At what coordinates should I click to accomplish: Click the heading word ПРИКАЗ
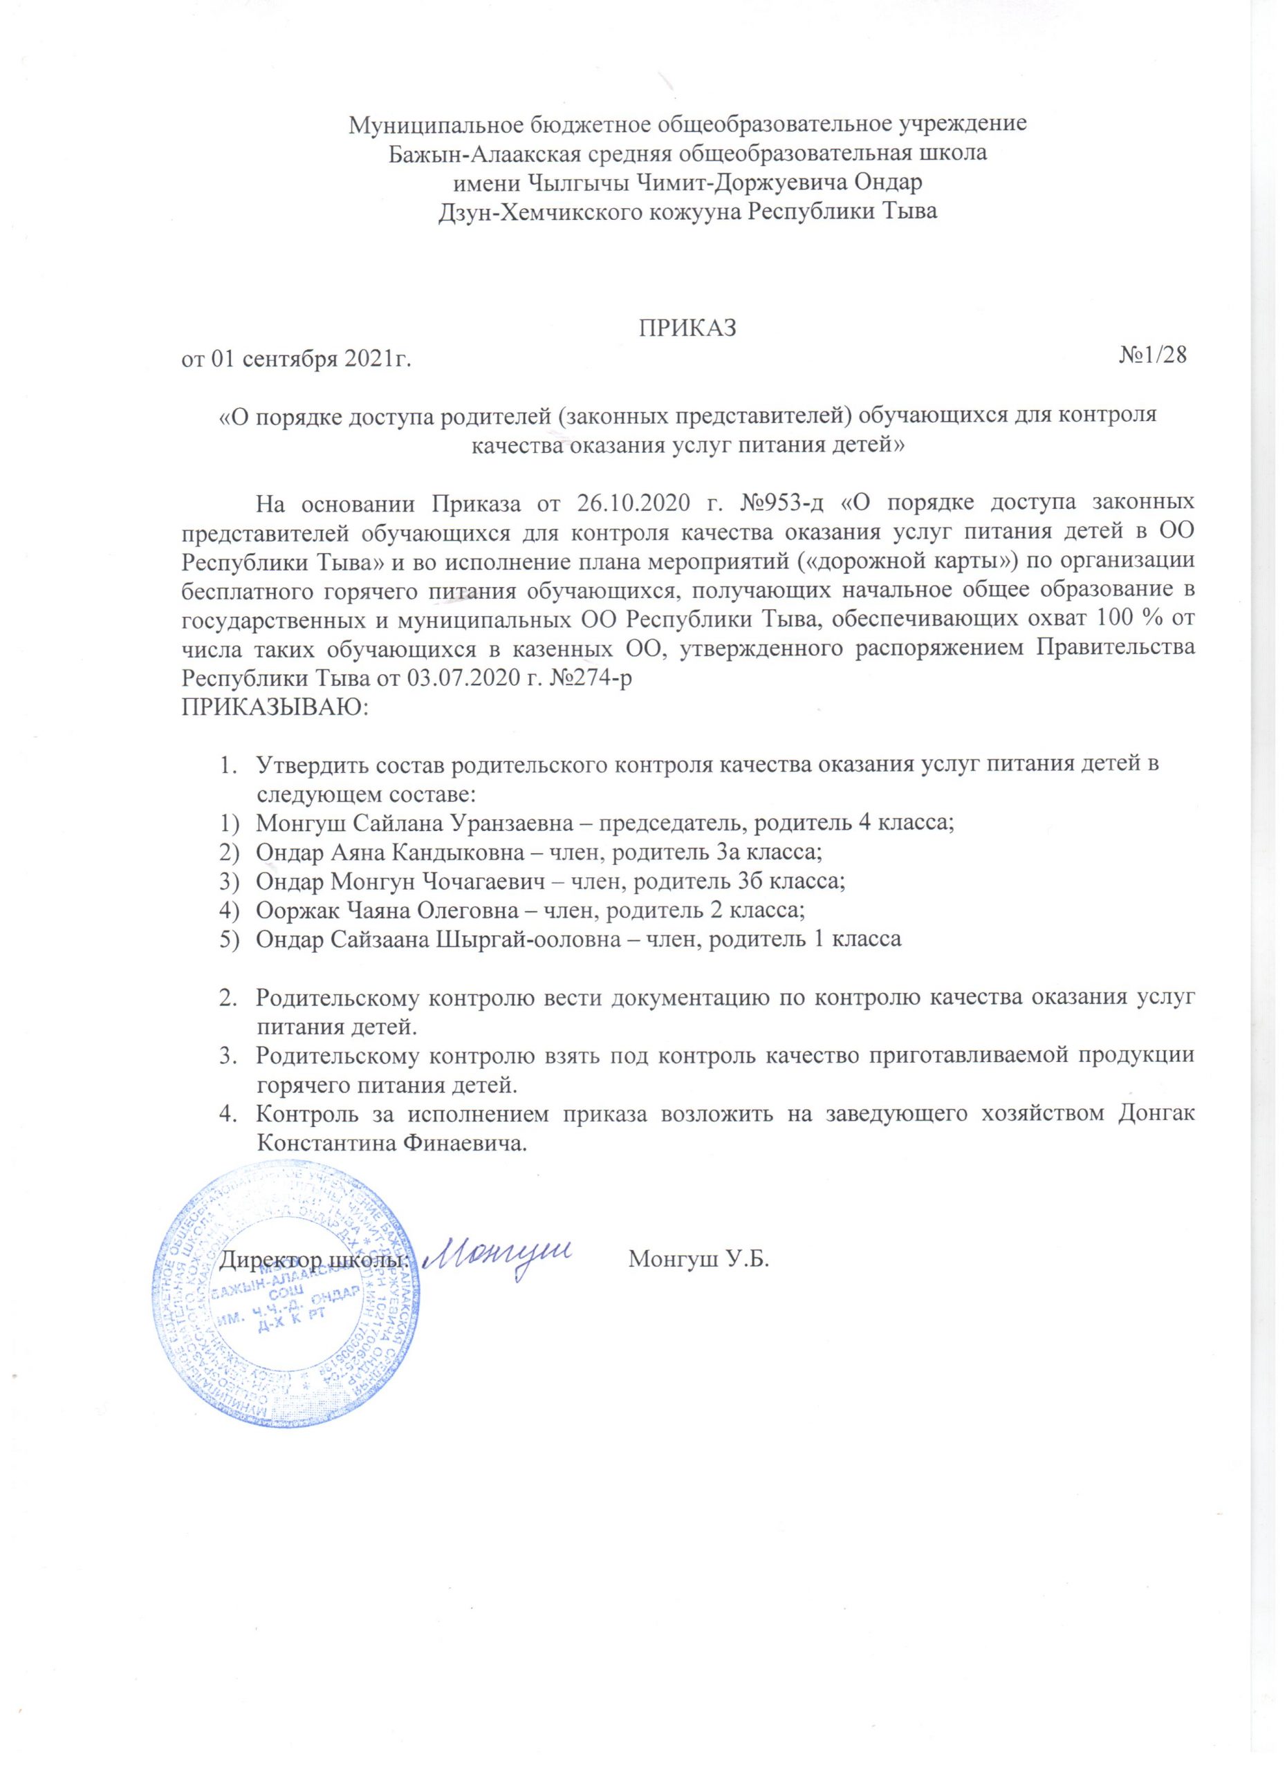pyautogui.click(x=687, y=328)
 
